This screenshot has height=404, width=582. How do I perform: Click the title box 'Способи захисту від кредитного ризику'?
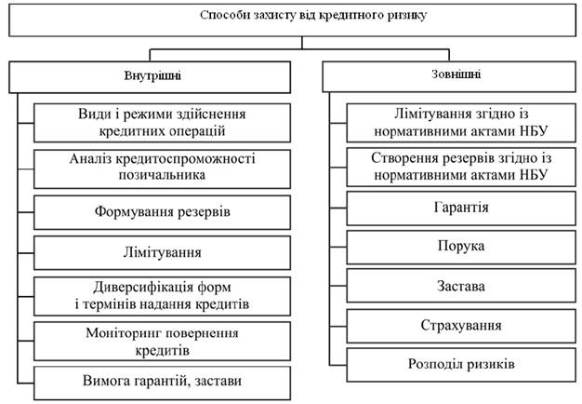(292, 20)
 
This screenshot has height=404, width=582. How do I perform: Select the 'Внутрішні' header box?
(150, 77)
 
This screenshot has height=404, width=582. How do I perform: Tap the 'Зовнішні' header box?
(449, 76)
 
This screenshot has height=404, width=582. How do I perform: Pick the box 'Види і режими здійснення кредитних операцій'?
(162, 123)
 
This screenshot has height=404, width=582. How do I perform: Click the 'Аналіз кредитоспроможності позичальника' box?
(162, 169)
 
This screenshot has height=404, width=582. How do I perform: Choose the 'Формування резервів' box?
(162, 212)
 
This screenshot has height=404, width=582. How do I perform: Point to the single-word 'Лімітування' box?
(162, 252)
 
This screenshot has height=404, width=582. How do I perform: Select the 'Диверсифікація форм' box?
(162, 296)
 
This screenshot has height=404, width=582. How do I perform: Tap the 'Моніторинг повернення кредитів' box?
(162, 342)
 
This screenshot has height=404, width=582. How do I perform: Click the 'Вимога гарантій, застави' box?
(162, 384)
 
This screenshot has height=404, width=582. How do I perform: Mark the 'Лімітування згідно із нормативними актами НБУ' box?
(461, 123)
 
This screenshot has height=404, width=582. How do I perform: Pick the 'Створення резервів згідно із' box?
(461, 167)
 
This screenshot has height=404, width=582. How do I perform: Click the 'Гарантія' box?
(461, 209)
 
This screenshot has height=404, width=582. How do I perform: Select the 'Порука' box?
(461, 248)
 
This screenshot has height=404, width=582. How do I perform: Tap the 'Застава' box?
(461, 286)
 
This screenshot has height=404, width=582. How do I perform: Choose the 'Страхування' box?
(461, 326)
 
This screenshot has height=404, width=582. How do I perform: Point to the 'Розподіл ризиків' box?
(461, 365)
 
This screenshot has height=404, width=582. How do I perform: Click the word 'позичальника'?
(162, 175)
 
